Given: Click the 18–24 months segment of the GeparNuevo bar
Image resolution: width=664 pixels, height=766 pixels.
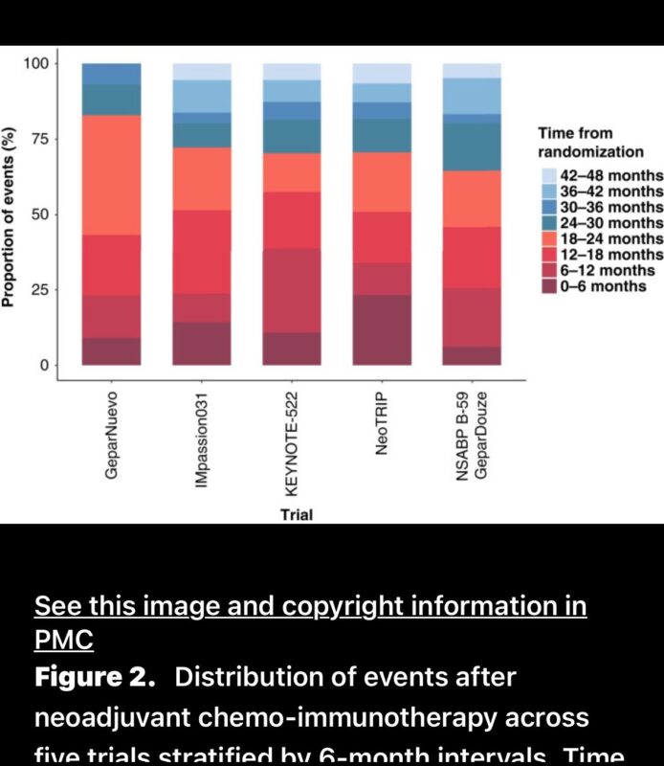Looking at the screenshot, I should (x=111, y=174).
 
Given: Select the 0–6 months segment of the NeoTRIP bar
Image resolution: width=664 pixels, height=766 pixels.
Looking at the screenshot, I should (x=382, y=329).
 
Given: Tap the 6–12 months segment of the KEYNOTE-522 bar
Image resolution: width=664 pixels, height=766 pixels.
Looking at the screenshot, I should (x=292, y=290).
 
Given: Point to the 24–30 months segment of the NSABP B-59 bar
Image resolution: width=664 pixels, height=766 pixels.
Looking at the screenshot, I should (x=472, y=146).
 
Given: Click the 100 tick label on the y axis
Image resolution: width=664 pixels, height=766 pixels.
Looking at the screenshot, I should (x=47, y=63).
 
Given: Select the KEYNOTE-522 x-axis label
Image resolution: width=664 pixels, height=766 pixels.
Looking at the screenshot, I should (x=292, y=438).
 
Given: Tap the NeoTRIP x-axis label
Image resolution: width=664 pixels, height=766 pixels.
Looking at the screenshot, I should (x=382, y=419).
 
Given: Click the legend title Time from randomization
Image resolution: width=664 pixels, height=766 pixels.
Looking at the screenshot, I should (x=589, y=142).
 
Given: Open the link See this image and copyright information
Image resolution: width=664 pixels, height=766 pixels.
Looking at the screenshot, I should (x=310, y=606).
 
